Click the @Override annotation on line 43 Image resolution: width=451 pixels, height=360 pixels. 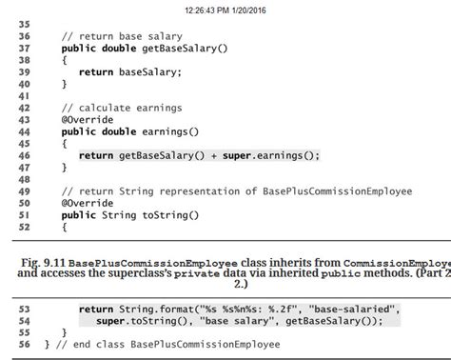tap(88, 120)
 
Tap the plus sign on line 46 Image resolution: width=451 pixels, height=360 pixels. tap(212, 156)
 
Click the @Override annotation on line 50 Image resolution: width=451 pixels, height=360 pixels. tap(88, 204)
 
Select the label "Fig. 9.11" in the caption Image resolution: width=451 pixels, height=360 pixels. tap(42, 262)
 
